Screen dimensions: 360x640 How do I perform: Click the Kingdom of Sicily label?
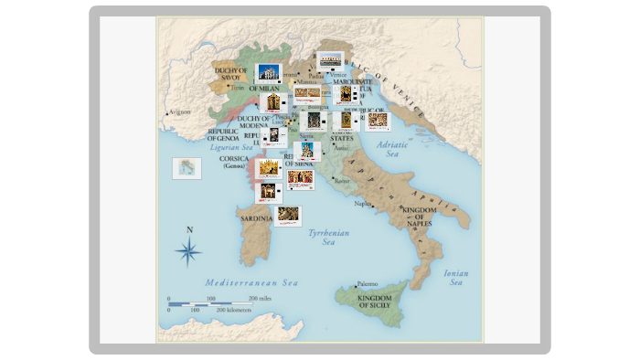[374, 302]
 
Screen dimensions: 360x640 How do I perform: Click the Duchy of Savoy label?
[230, 73]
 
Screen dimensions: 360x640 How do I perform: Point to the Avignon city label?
[179, 111]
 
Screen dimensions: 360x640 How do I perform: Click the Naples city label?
[364, 204]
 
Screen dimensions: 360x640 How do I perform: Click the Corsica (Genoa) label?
[235, 162]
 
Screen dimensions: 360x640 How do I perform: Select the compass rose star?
[189, 249]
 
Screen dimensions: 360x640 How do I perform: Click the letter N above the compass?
[189, 230]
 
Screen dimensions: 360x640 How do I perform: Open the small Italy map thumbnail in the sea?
[187, 168]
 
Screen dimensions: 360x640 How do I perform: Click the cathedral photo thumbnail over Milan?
[269, 72]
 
